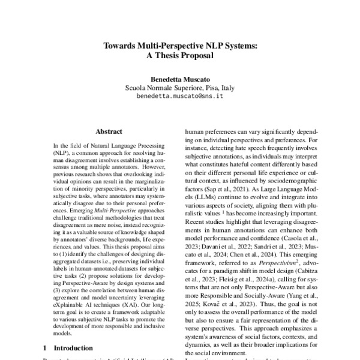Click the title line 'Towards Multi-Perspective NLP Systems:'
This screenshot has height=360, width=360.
pyautogui.click(x=180, y=45)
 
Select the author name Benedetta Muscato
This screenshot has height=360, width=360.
pyautogui.click(x=180, y=79)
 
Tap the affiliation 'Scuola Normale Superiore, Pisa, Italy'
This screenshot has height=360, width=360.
pyautogui.click(x=180, y=88)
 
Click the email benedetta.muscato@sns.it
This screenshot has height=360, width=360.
pyautogui.click(x=180, y=96)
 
